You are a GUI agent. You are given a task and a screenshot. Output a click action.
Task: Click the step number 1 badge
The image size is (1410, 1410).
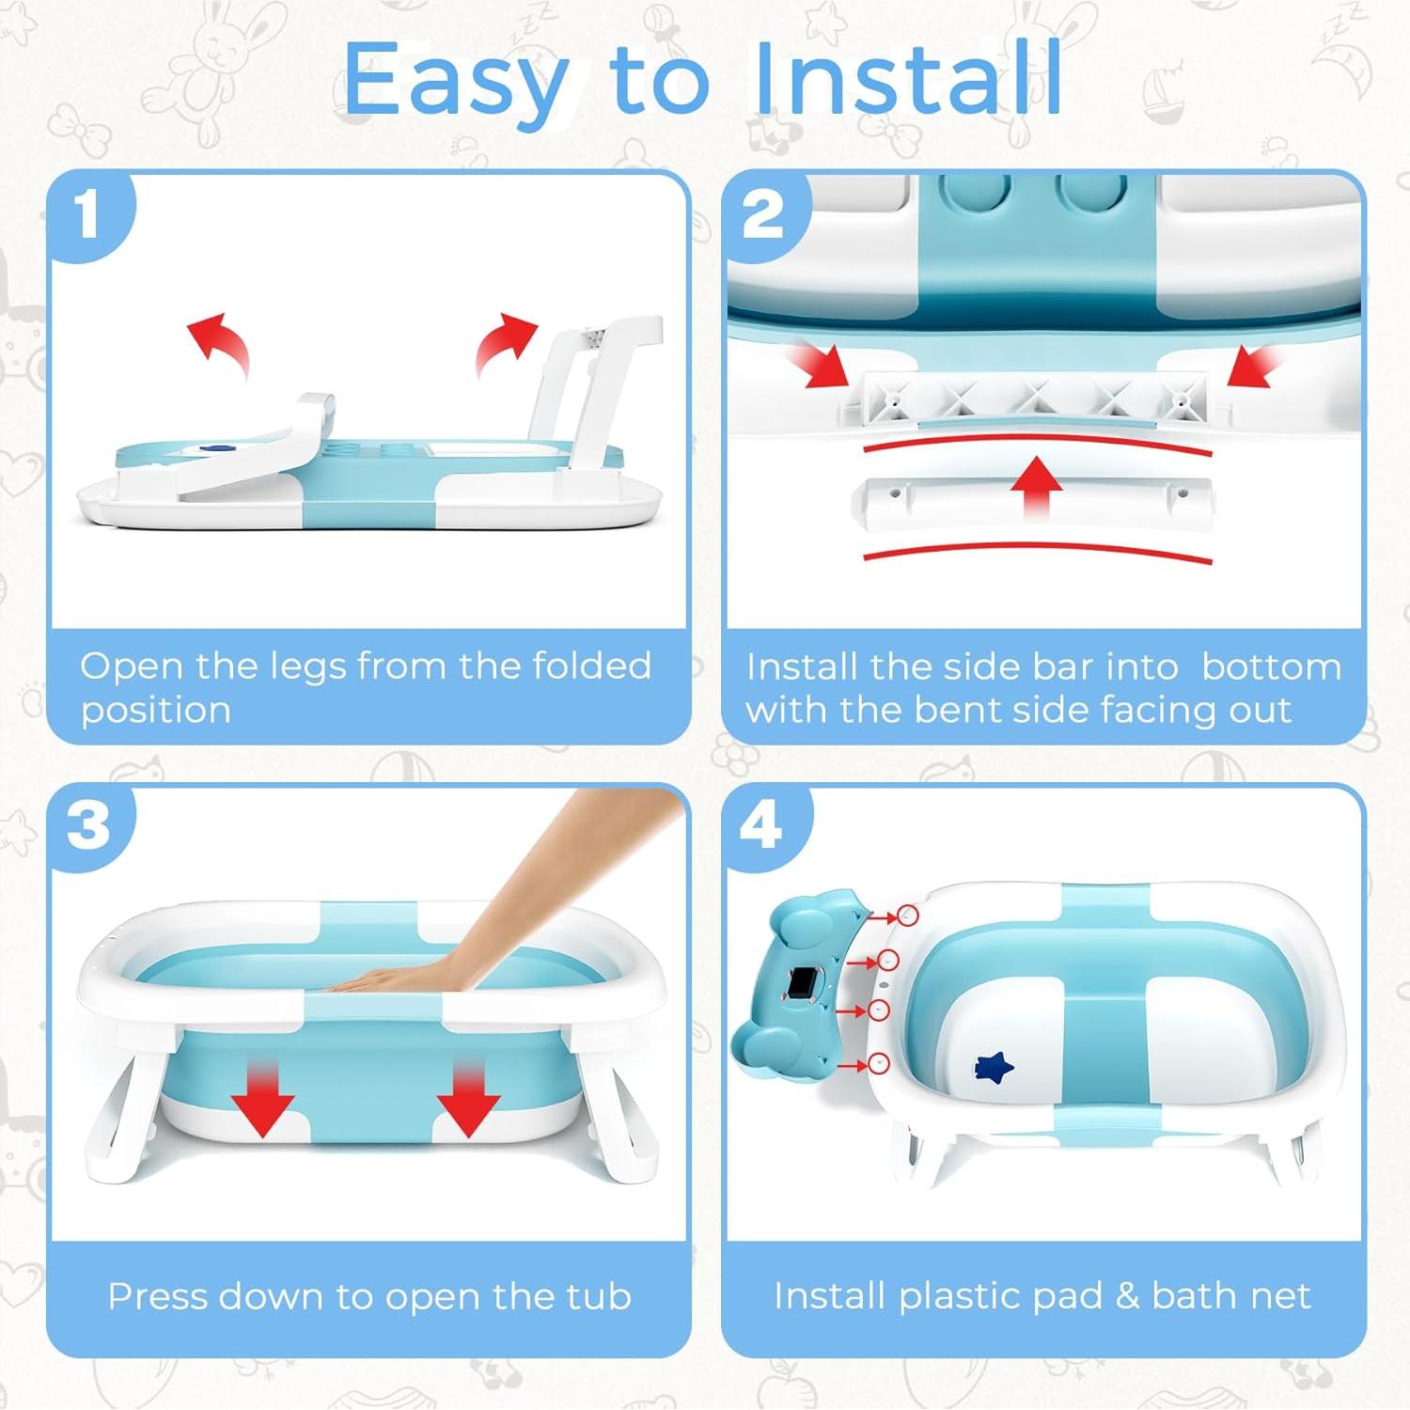(x=88, y=215)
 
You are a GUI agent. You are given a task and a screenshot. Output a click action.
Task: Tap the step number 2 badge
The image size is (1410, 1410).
(x=763, y=215)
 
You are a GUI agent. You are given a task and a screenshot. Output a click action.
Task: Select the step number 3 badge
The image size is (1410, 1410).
(x=88, y=827)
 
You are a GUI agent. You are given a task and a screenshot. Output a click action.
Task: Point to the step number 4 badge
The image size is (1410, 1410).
(x=763, y=827)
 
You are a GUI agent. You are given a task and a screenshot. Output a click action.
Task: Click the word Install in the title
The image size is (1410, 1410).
(x=908, y=79)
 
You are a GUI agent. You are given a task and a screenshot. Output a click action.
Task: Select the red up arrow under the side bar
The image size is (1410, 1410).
(x=1037, y=484)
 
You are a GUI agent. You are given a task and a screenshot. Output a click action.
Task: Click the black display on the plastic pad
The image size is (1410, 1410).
(x=802, y=984)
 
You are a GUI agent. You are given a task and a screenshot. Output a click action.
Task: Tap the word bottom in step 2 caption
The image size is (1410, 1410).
(x=1272, y=666)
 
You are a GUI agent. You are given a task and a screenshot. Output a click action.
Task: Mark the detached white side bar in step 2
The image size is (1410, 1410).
(x=1032, y=498)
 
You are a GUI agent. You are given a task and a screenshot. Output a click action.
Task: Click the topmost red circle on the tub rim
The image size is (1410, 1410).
(x=906, y=915)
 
